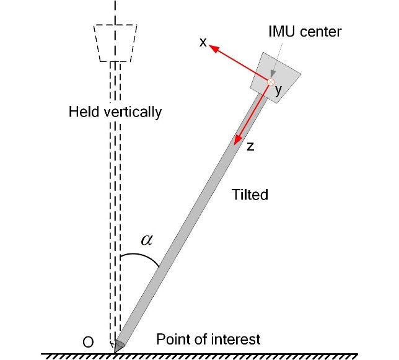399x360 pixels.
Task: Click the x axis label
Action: coord(203,43)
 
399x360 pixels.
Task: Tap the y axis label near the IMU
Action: coord(278,90)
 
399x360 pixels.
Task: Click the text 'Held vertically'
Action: coord(116,112)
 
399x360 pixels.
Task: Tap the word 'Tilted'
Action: coord(250,195)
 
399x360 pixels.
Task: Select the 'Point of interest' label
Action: coord(208,339)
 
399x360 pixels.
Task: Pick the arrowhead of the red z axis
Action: coord(236,143)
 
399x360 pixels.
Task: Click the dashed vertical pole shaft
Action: coord(113,198)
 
